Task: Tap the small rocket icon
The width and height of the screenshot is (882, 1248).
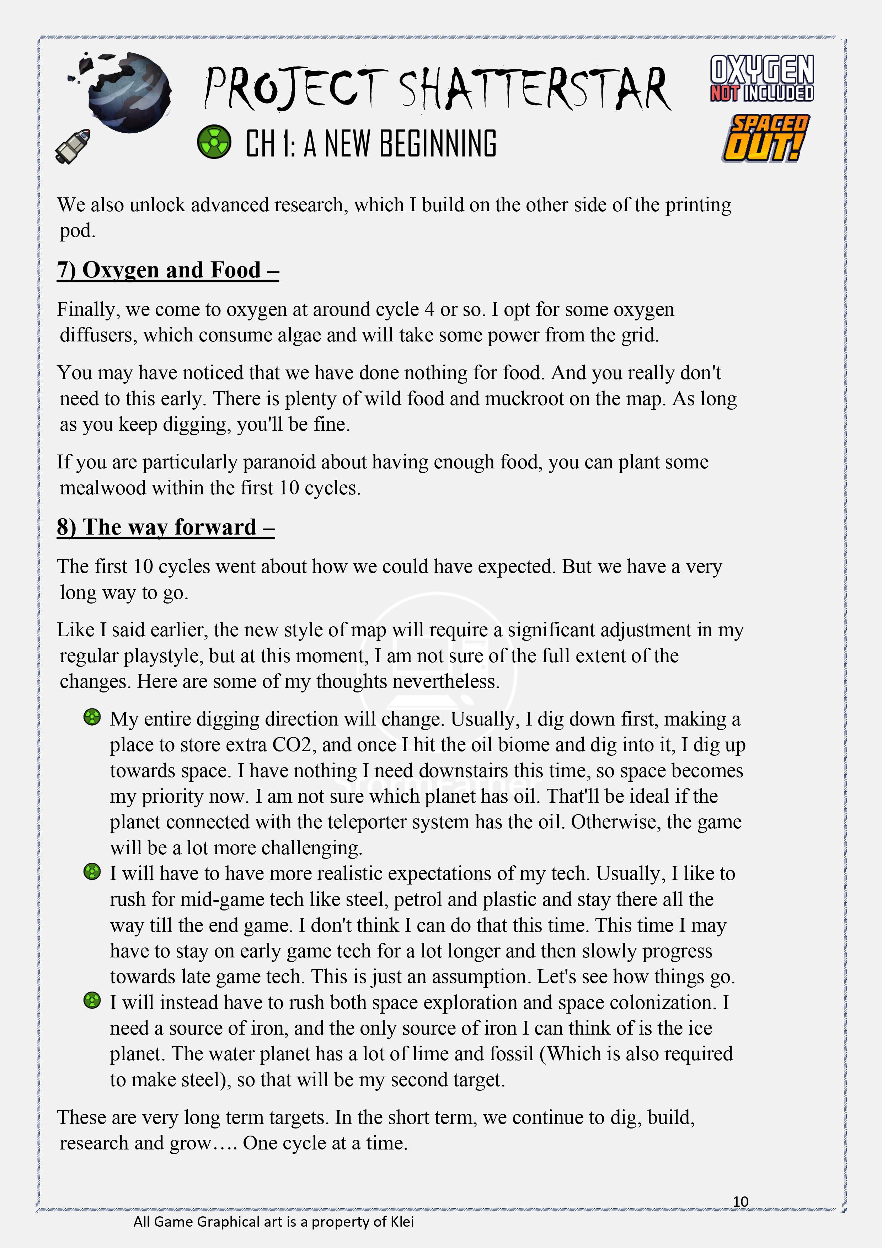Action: [x=73, y=146]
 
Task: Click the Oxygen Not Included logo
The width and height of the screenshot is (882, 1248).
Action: [x=762, y=78]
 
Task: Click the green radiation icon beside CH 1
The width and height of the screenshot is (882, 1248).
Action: [x=214, y=142]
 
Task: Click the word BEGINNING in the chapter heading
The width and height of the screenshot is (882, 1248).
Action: [x=438, y=144]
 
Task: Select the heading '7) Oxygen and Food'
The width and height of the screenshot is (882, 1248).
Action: [x=167, y=270]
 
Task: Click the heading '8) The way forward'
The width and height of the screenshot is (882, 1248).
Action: [x=165, y=527]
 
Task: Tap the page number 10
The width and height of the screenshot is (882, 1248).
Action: [x=740, y=1201]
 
